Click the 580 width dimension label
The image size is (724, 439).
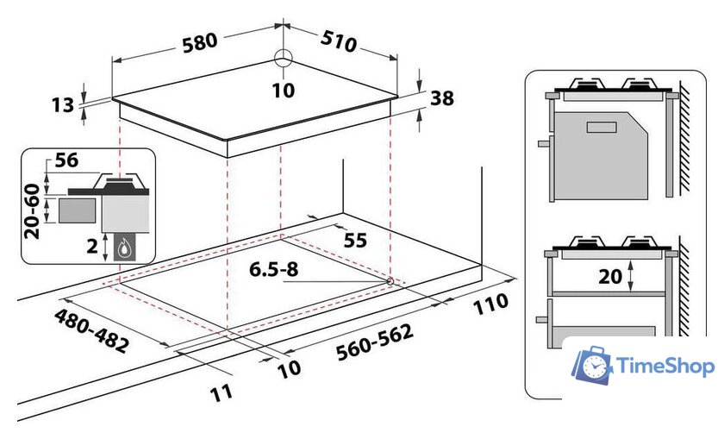coord(200,40)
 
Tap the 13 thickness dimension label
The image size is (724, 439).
coord(62,105)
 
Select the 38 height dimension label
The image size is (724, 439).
coord(441,98)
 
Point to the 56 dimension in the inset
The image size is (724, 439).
coord(66,160)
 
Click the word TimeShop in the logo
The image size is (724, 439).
coord(666,367)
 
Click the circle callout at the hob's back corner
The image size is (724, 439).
coord(284,59)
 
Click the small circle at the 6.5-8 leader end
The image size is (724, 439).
coord(390,281)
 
